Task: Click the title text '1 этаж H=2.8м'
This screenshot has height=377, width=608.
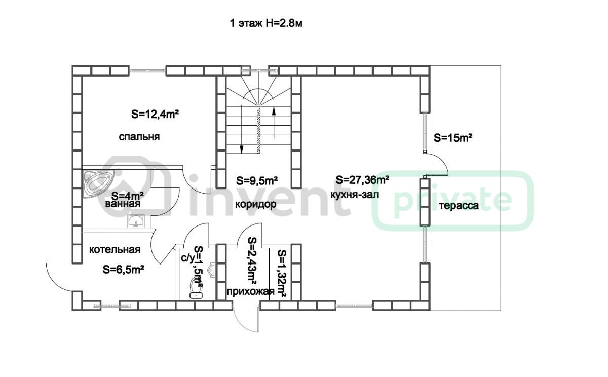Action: pos(266,24)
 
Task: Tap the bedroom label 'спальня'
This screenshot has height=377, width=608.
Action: pos(139,137)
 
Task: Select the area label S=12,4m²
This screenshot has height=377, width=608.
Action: pos(155,115)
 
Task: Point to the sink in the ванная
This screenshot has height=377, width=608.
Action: pos(136,220)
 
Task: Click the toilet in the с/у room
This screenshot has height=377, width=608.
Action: pos(196,288)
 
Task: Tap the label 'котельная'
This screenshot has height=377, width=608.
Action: pos(115,250)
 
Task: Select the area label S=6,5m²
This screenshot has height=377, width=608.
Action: pos(124,270)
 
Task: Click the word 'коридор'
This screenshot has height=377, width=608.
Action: pos(256,204)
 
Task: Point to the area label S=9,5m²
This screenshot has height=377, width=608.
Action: pos(257,180)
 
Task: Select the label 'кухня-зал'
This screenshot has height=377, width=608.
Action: pos(355,195)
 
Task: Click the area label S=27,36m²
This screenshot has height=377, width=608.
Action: pos(363,180)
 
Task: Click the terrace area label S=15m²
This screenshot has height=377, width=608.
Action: pos(453,138)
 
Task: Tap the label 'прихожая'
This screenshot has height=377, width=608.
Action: pos(250,292)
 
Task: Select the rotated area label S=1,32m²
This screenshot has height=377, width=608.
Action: pos(282,274)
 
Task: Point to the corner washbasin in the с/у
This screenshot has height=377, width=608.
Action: pos(211,270)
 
